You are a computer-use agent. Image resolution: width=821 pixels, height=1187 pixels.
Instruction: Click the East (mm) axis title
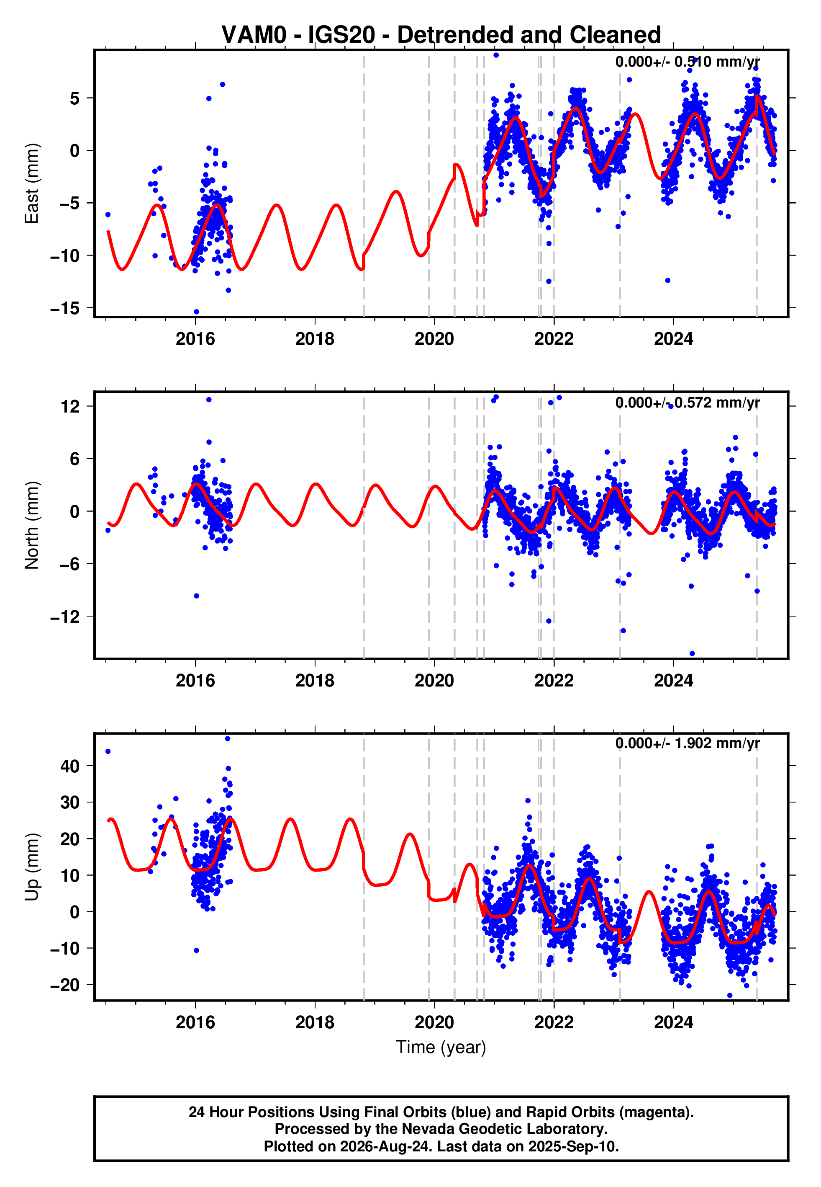31,183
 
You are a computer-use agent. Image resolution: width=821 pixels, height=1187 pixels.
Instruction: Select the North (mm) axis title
31,525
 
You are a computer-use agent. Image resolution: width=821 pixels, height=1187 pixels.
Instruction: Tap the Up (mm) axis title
31,867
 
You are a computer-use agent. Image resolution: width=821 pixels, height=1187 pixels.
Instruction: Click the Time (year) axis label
441,1048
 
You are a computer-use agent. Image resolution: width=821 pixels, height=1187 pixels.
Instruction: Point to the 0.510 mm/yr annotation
717,62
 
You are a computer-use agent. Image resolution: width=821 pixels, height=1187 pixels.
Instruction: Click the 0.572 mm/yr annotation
717,403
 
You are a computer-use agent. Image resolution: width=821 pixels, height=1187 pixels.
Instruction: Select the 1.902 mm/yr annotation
717,743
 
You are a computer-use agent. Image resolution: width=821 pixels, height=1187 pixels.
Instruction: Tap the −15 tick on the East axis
65,308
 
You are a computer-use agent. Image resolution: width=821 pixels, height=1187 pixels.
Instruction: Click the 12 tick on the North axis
70,407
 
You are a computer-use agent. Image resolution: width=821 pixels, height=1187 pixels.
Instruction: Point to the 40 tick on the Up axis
70,766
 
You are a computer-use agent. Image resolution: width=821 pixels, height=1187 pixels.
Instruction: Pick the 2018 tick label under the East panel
315,339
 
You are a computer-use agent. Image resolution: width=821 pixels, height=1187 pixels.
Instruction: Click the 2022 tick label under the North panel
554,681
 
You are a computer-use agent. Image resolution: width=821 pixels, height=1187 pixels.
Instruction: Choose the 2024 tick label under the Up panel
673,1022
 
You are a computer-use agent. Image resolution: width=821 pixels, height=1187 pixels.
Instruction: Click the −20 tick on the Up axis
65,985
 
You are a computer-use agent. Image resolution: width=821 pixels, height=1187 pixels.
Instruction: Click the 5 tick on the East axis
75,98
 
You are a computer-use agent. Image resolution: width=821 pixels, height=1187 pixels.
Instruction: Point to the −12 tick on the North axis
65,617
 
